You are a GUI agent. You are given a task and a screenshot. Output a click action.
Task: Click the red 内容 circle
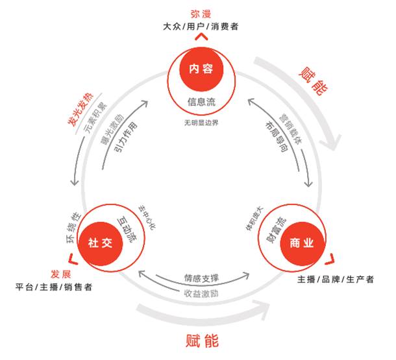pyautogui.click(x=201, y=69)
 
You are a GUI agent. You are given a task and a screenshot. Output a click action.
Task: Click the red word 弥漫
pyautogui.click(x=201, y=14)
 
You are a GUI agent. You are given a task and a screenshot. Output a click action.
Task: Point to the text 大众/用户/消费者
pyautogui.click(x=201, y=27)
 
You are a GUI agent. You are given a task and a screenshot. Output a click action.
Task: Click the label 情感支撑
pyautogui.click(x=201, y=278)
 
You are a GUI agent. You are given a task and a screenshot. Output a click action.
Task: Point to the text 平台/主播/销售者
pyautogui.click(x=55, y=286)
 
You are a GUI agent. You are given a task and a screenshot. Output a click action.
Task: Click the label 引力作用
pyautogui.click(x=127, y=135)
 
